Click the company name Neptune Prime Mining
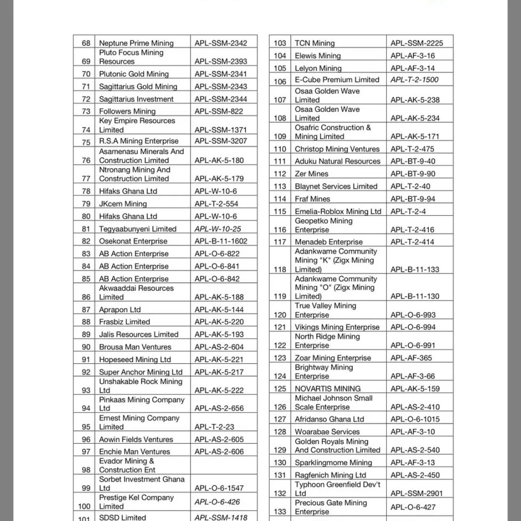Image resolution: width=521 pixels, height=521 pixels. click(136, 43)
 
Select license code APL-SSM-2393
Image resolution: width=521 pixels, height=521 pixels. click(220, 61)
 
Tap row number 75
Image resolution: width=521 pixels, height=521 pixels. click(86, 142)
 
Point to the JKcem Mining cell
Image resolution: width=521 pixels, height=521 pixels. click(123, 204)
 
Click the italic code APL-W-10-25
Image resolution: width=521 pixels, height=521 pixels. click(218, 229)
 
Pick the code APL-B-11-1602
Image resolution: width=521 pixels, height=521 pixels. click(220, 241)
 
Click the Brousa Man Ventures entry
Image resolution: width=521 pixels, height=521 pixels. click(135, 347)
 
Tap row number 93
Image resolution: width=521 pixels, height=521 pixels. click(86, 390)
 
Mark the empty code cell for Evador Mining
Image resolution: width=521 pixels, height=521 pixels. click(223, 466)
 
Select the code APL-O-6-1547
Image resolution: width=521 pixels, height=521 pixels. click(219, 488)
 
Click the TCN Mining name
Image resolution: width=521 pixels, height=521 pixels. click(315, 43)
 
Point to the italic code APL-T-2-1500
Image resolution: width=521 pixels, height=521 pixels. click(414, 80)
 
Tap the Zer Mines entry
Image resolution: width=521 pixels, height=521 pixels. click(311, 174)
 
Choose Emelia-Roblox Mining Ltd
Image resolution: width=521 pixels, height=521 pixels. click(338, 211)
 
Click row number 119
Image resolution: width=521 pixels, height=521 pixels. click(280, 296)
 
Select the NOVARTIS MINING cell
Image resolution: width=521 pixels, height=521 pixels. click(328, 388)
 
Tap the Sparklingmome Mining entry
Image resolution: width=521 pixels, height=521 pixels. click(333, 463)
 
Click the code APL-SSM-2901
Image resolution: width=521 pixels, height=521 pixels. click(416, 493)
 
